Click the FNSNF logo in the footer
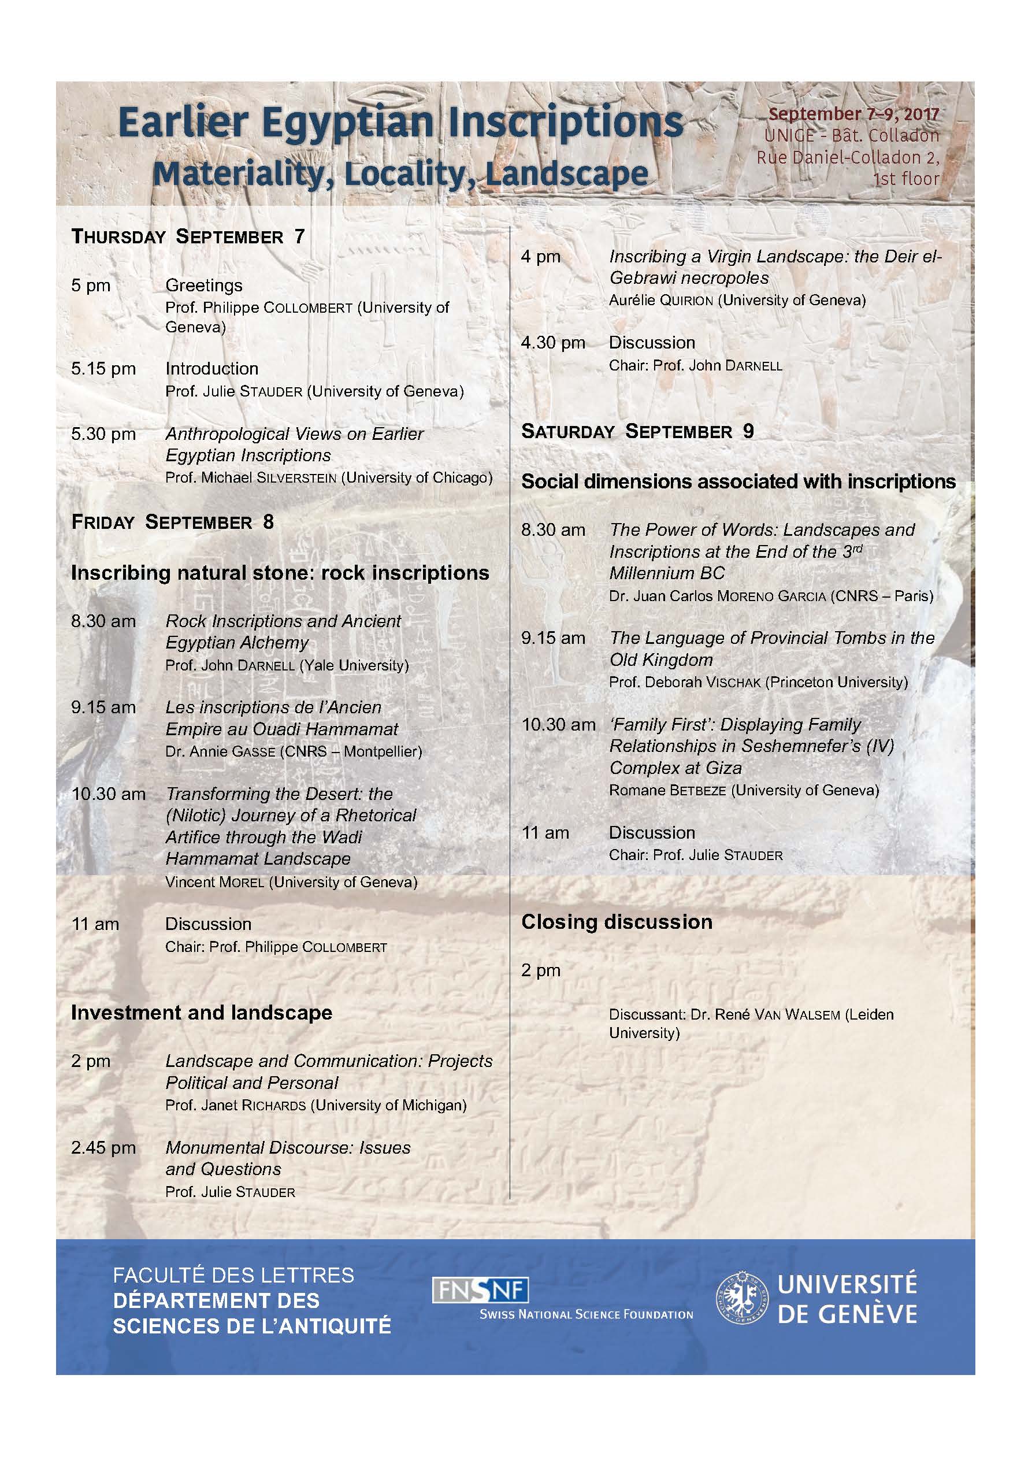click(480, 1290)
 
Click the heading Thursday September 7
click(188, 236)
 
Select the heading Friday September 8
click(172, 522)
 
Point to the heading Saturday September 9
click(638, 431)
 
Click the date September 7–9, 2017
click(853, 114)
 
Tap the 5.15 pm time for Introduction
click(103, 369)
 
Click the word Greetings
click(204, 286)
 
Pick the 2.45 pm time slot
click(103, 1148)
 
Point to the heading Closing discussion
click(617, 922)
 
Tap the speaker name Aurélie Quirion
click(660, 300)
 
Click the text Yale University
click(354, 666)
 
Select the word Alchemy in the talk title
click(277, 643)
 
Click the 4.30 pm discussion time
click(553, 343)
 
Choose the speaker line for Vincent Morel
click(291, 882)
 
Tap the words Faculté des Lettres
click(233, 1275)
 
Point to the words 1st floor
click(905, 179)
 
